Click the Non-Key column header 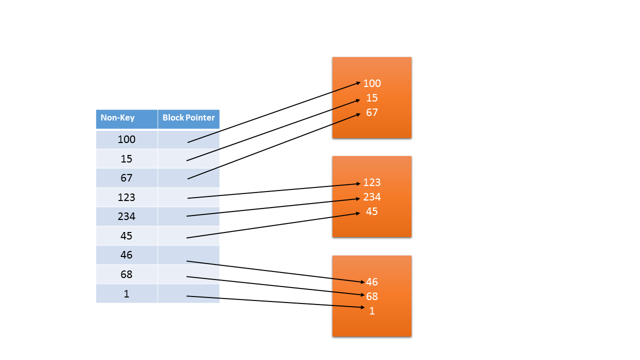pyautogui.click(x=117, y=118)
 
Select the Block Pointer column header pyautogui.click(x=188, y=118)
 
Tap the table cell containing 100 pyautogui.click(x=126, y=139)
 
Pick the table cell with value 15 pyautogui.click(x=126, y=159)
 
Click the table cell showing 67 pyautogui.click(x=126, y=178)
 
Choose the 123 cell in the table pyautogui.click(x=126, y=197)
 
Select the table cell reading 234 pyautogui.click(x=126, y=216)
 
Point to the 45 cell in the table pyautogui.click(x=126, y=236)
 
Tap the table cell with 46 pyautogui.click(x=126, y=255)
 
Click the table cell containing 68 pyautogui.click(x=126, y=274)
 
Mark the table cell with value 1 pyautogui.click(x=126, y=294)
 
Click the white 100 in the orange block pyautogui.click(x=372, y=83)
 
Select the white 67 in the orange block pyautogui.click(x=372, y=112)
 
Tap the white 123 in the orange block pyautogui.click(x=372, y=182)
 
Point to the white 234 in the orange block pyautogui.click(x=372, y=197)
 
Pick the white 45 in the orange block pyautogui.click(x=372, y=211)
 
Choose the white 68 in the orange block pyautogui.click(x=372, y=296)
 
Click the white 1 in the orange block pyautogui.click(x=372, y=311)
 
